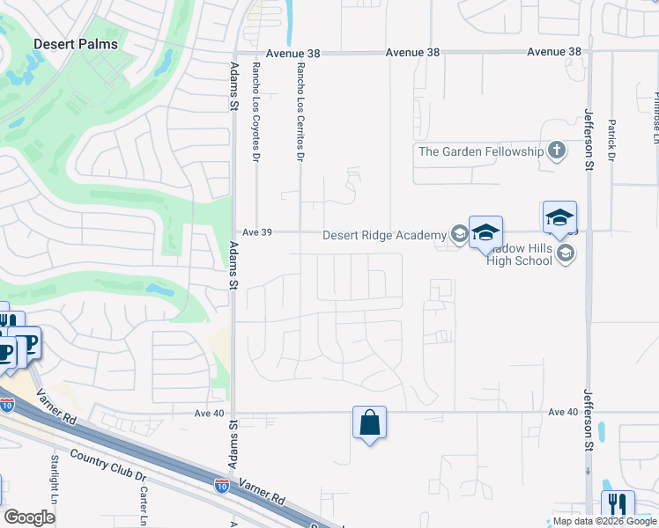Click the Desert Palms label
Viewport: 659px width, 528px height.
[x=75, y=43]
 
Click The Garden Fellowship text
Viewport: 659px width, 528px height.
[x=481, y=151]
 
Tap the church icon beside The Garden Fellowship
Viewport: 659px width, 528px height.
[x=556, y=151]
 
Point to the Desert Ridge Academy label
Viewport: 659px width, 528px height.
[x=385, y=235]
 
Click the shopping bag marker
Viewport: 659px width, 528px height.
[x=370, y=422]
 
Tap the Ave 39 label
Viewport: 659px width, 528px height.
[x=255, y=232]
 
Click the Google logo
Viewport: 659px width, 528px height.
[x=29, y=517]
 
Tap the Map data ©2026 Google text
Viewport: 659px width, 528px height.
[x=604, y=521]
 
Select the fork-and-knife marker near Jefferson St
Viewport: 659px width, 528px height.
[x=618, y=505]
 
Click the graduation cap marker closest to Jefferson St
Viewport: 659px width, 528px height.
[x=559, y=217]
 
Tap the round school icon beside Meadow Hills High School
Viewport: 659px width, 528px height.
[x=565, y=254]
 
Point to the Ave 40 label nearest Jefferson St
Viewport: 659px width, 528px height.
[x=562, y=412]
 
